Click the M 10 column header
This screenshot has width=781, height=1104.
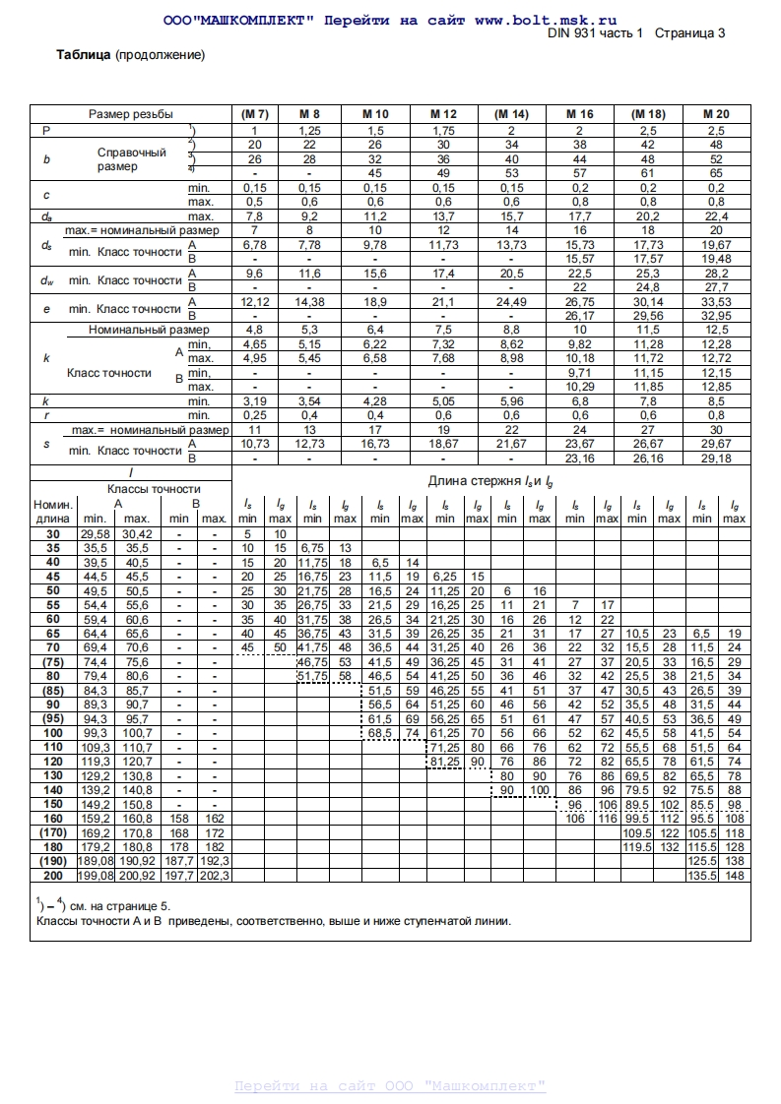click(375, 114)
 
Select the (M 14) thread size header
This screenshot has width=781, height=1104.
click(511, 114)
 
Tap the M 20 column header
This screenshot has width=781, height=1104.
click(716, 114)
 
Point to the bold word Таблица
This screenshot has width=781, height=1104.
click(83, 55)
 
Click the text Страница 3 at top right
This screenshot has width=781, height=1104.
click(690, 32)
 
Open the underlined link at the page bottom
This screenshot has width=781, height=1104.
click(390, 1086)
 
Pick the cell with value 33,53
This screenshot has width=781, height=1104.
click(716, 301)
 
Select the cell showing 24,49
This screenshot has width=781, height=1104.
click(511, 301)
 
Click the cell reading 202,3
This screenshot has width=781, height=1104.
click(215, 875)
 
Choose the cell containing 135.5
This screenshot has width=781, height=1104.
click(702, 875)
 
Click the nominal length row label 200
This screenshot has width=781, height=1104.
click(52, 875)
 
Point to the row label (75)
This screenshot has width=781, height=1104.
click(52, 662)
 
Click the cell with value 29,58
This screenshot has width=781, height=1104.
click(96, 534)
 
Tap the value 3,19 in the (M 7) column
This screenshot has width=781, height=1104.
click(254, 401)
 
